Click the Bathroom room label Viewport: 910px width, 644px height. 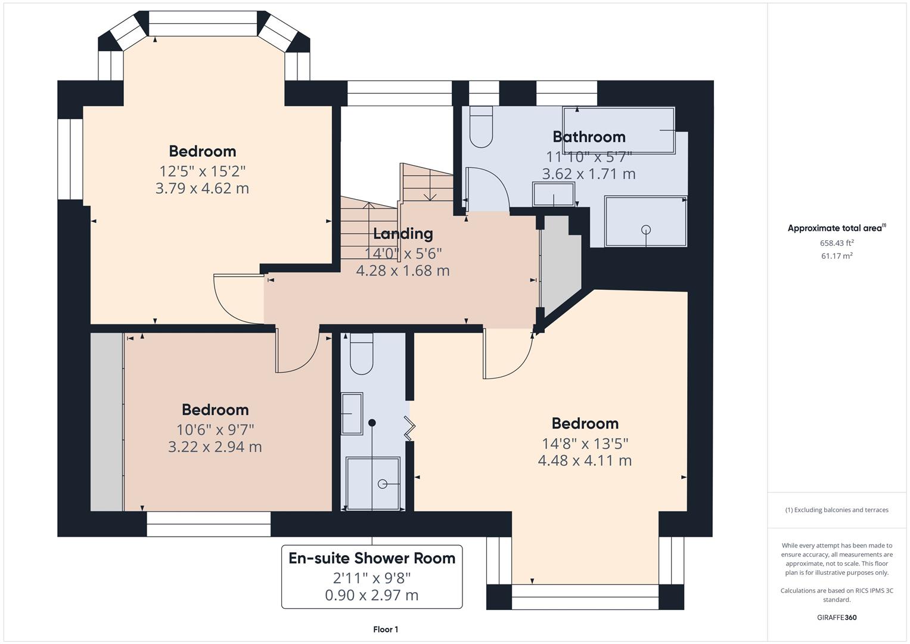pos(589,137)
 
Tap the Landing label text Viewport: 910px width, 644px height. pos(403,234)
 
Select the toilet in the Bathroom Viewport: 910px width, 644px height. pos(481,128)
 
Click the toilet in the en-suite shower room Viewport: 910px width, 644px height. pos(361,354)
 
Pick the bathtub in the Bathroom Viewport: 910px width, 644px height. pos(620,130)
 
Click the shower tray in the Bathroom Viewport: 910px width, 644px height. pos(645,221)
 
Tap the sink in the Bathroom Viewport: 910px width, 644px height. pos(554,194)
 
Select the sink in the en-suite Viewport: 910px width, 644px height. pos(352,413)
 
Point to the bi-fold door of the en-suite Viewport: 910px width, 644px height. pos(409,428)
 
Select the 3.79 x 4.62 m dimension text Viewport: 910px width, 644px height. pos(202,188)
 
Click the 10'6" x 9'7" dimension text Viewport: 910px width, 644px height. pos(215,429)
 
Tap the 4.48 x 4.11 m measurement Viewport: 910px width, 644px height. pos(585,460)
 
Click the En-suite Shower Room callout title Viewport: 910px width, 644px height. pos(372,558)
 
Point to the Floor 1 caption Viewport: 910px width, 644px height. pos(386,629)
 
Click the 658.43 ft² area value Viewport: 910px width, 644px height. pos(837,243)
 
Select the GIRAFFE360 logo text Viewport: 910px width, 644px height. pos(836,617)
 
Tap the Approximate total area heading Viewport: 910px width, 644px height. pos(836,228)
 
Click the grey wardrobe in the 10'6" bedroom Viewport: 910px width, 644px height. pos(107,422)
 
